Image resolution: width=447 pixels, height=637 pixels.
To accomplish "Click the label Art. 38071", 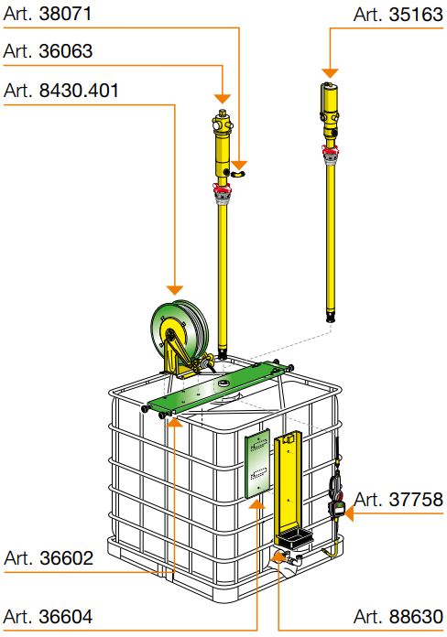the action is pyautogui.click(x=48, y=14).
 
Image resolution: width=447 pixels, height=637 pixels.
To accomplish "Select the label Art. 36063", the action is pyautogui.click(x=48, y=51).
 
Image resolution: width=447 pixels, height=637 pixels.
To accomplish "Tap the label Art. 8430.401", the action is pyautogui.click(x=61, y=91).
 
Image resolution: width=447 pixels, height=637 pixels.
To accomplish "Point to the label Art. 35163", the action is pyautogui.click(x=398, y=15).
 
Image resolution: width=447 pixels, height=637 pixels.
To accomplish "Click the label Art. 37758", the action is pyautogui.click(x=398, y=500).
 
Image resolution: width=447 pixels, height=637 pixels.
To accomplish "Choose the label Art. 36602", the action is pyautogui.click(x=49, y=558).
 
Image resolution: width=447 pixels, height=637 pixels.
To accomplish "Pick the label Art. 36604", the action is pyautogui.click(x=48, y=616).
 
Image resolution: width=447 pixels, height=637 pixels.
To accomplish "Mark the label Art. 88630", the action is pyautogui.click(x=398, y=616).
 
